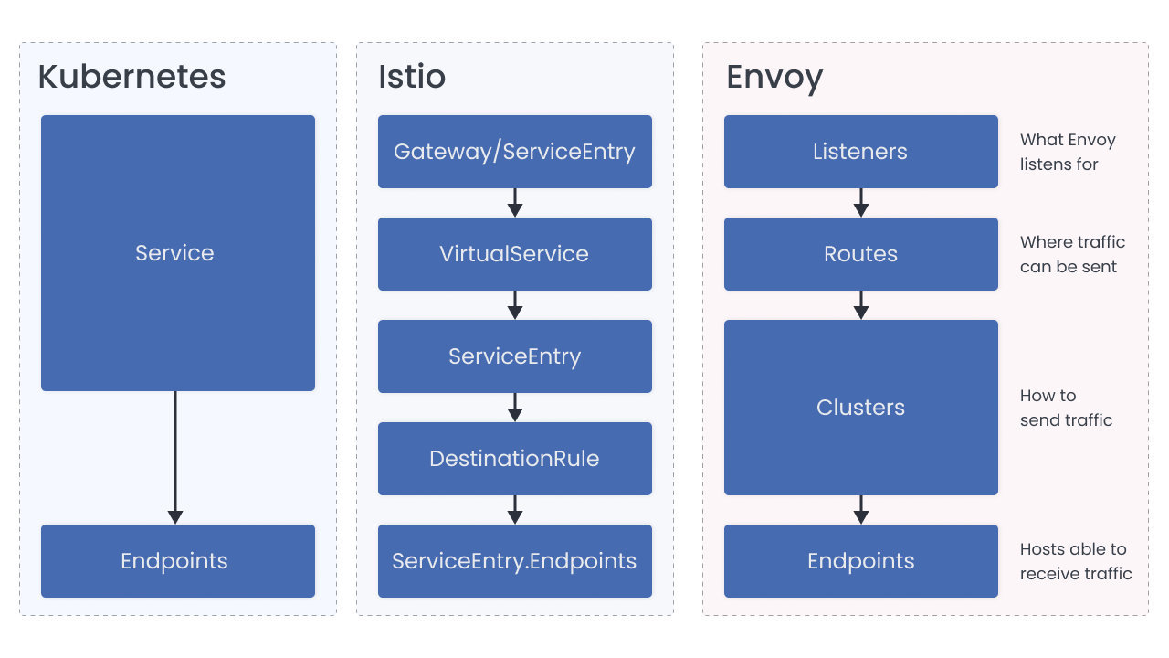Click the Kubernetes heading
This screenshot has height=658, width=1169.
pos(132,77)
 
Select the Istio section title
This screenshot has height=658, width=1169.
pos(412,77)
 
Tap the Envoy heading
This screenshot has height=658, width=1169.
pos(774,77)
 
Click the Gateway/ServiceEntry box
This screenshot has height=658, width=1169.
pos(514,152)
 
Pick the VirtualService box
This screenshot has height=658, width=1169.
pos(514,254)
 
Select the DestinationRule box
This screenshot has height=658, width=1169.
pos(514,459)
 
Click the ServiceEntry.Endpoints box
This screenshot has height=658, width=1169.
pos(514,561)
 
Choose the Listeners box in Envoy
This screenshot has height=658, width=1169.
pos(860,152)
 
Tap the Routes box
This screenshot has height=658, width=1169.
pos(860,254)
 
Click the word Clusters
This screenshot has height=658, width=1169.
pos(860,408)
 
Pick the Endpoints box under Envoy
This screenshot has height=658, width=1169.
pos(860,561)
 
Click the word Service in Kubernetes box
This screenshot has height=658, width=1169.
pos(174,253)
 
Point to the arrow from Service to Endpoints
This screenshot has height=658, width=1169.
pos(175,457)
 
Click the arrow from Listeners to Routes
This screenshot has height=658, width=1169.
pos(860,203)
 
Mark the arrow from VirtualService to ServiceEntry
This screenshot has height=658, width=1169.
pos(515,305)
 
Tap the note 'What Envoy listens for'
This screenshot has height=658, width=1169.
pos(1067,153)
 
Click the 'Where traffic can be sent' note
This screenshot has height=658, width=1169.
pos(1072,255)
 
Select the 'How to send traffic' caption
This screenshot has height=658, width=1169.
pos(1066,409)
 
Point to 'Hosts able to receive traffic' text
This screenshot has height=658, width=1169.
pos(1075,562)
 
